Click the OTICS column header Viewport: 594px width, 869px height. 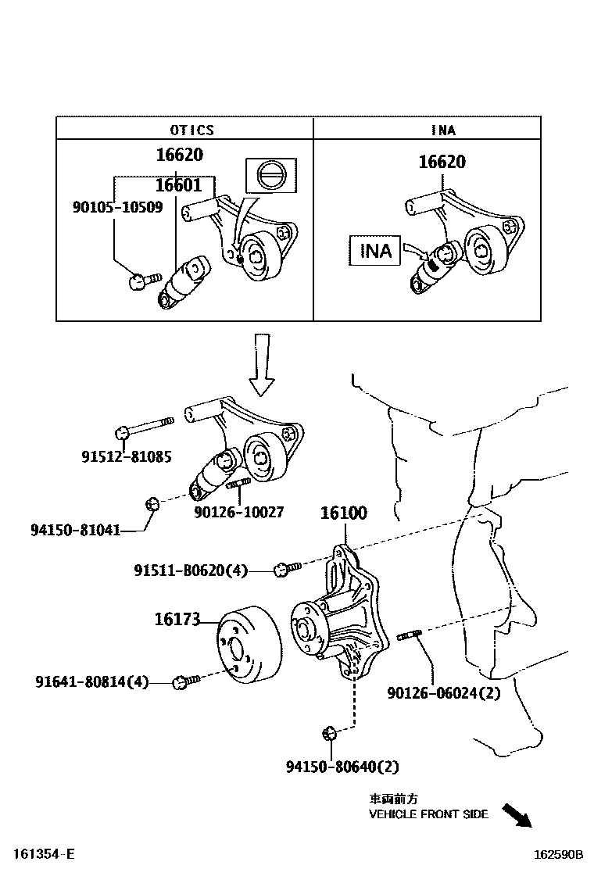tap(191, 131)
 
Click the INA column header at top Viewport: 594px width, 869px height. tap(442, 131)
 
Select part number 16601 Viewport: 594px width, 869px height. tap(178, 185)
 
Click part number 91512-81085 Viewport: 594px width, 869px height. tap(127, 456)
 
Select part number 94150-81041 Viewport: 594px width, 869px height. tap(75, 530)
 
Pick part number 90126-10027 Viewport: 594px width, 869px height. tap(239, 513)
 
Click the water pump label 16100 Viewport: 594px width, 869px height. tap(343, 513)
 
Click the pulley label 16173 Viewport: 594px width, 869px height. tap(178, 620)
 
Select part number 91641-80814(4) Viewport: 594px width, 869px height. tap(91, 682)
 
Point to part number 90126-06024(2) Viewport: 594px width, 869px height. tap(443, 693)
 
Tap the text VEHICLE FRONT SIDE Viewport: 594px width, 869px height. tap(428, 814)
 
